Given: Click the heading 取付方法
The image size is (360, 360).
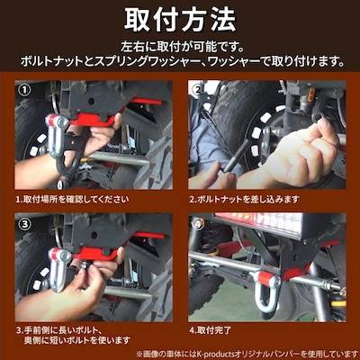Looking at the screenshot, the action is pyautogui.click(x=180, y=20).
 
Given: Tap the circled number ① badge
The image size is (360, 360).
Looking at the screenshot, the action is pyautogui.click(x=24, y=89).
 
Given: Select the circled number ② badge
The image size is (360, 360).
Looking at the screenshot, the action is pyautogui.click(x=198, y=89).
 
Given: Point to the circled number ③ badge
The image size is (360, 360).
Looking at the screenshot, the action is pyautogui.click(x=24, y=223).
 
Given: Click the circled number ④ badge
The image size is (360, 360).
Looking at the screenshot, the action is pyautogui.click(x=198, y=223).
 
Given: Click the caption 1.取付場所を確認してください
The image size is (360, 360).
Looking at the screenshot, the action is pyautogui.click(x=72, y=199).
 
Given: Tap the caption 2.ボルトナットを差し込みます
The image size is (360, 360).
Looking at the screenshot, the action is pyautogui.click(x=244, y=199).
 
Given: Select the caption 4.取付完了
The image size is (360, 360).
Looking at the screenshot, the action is pyautogui.click(x=211, y=330).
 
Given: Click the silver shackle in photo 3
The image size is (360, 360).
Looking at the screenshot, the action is pyautogui.click(x=59, y=269).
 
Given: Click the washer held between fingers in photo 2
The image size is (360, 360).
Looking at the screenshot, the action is pyautogui.click(x=319, y=116).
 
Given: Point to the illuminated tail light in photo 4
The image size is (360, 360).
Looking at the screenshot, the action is pyautogui.click(x=258, y=222).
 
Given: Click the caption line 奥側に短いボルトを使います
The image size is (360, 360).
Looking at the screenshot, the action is pyautogui.click(x=77, y=340).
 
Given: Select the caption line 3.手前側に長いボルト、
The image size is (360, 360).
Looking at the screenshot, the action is pyautogui.click(x=58, y=330).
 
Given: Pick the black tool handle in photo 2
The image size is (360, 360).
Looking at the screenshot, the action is pyautogui.click(x=238, y=156).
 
